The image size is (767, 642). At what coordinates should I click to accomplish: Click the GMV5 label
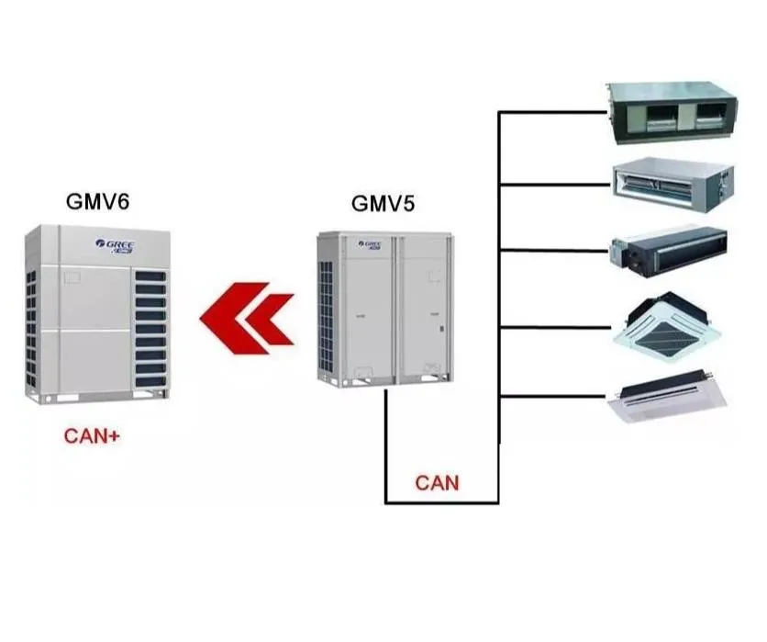[x=383, y=204]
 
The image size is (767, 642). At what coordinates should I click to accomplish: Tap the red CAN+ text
[x=92, y=436]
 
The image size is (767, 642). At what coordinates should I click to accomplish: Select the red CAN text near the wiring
[x=437, y=482]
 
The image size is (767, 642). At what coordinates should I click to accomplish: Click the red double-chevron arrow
[x=246, y=318]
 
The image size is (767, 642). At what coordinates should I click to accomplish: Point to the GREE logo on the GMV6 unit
[x=116, y=245]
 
